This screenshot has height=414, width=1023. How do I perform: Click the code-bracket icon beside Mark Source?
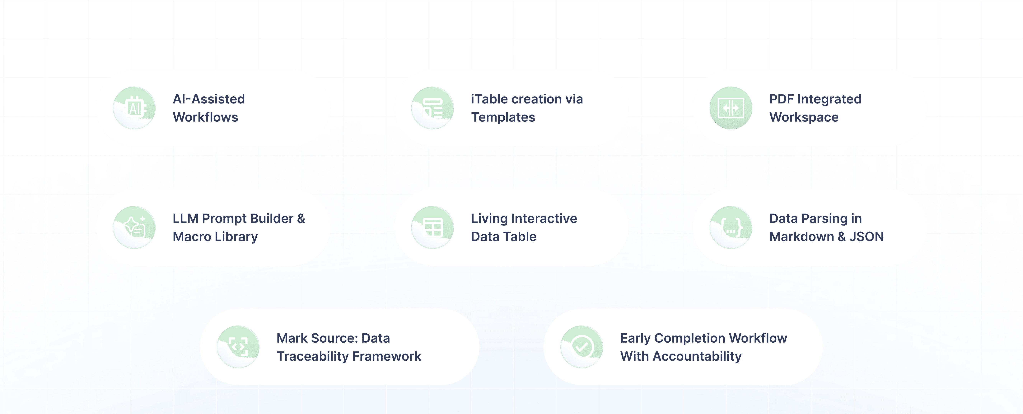coord(238,347)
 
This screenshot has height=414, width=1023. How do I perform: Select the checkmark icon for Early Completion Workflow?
coord(582,347)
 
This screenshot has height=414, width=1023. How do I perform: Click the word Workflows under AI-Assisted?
coord(205,117)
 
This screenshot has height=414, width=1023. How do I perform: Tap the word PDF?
coord(782,99)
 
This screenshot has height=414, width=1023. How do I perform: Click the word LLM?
coord(185,219)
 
